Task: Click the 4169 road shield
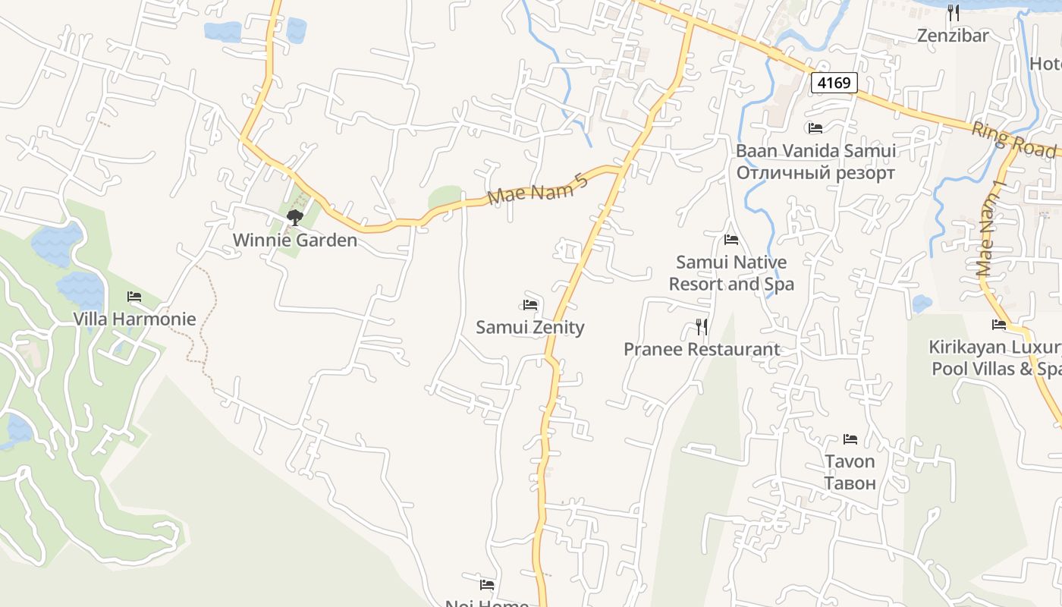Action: click(x=834, y=83)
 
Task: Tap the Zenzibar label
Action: click(x=953, y=36)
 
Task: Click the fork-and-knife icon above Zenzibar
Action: click(x=954, y=12)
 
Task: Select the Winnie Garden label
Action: click(x=294, y=241)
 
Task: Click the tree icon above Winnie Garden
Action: click(x=295, y=219)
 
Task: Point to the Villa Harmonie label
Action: click(x=134, y=319)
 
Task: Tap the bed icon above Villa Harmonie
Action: click(x=134, y=297)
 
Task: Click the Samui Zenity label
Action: click(x=530, y=327)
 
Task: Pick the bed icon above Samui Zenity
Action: click(x=530, y=305)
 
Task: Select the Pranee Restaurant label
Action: click(x=702, y=349)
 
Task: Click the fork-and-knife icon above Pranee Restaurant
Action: click(x=702, y=327)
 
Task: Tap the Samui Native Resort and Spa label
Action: click(x=731, y=273)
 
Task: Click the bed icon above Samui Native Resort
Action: click(x=731, y=240)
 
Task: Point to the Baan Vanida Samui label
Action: click(x=815, y=150)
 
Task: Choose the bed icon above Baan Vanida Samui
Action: click(x=815, y=128)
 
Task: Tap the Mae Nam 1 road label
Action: click(x=990, y=229)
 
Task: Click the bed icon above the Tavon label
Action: click(x=850, y=439)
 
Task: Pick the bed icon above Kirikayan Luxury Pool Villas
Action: click(x=999, y=325)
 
